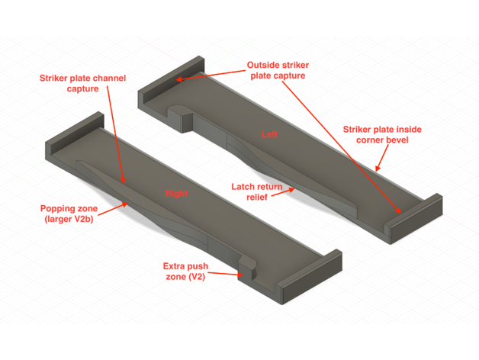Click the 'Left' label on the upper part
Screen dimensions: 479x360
click(269, 134)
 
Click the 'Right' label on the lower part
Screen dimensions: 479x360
click(176, 194)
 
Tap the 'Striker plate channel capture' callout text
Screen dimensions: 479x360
click(82, 83)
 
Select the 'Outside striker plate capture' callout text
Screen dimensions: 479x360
click(278, 70)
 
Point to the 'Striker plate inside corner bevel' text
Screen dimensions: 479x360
click(382, 134)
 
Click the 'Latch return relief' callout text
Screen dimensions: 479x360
click(256, 192)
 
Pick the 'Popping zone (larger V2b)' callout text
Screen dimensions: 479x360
click(69, 214)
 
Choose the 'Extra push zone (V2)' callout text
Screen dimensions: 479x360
click(185, 272)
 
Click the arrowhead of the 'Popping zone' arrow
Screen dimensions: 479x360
click(125, 204)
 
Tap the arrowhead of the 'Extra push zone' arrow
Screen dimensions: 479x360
click(240, 275)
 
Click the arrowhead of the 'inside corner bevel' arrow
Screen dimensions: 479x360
click(378, 169)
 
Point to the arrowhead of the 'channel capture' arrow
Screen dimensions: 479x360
click(123, 180)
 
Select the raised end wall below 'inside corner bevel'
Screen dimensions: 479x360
click(413, 218)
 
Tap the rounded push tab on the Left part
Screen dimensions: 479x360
click(181, 117)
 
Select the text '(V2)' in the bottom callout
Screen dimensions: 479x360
click(197, 277)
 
